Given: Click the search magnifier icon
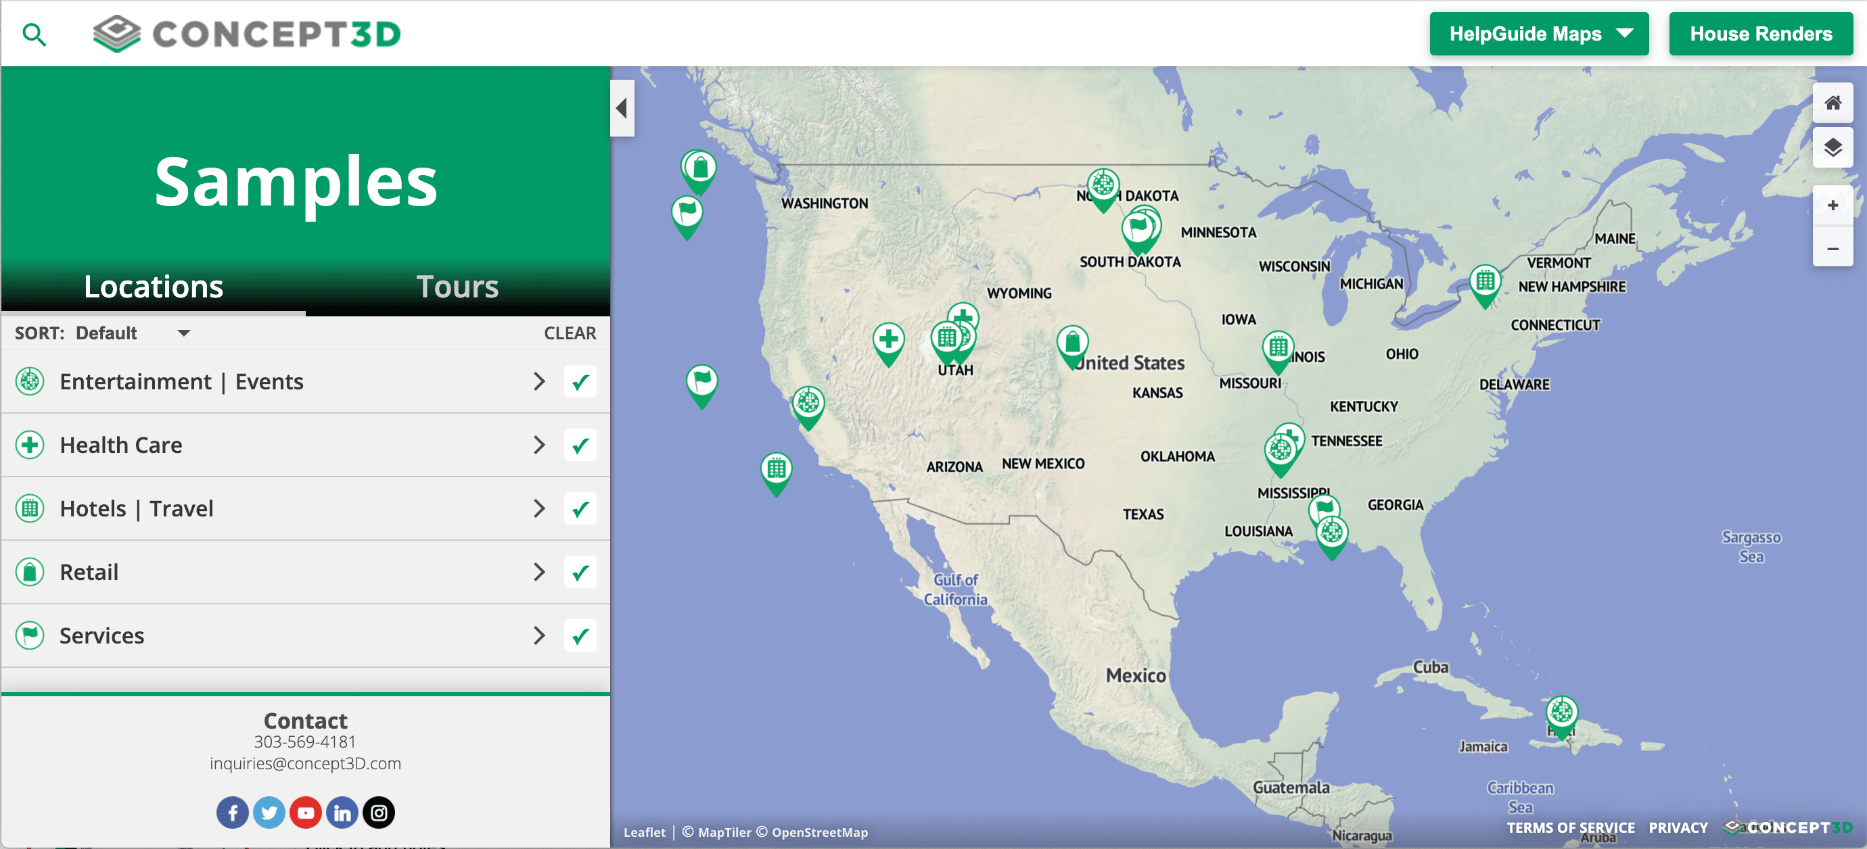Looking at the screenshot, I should click(x=34, y=34).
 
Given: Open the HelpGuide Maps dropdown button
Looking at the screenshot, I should click(x=1538, y=34).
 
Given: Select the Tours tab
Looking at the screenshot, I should click(x=457, y=287).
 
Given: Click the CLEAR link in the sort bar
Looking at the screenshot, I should click(x=570, y=333).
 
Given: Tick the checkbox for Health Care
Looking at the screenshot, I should click(x=580, y=445).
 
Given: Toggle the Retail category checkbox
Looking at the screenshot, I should click(x=580, y=573).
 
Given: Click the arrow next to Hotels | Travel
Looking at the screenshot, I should click(x=538, y=508).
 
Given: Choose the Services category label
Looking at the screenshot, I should click(x=102, y=635).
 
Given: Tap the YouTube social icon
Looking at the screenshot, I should click(x=305, y=812).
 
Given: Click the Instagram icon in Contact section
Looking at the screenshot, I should click(x=378, y=812).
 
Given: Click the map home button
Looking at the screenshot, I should click(x=1833, y=103).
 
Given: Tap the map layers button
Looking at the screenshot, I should click(x=1833, y=148).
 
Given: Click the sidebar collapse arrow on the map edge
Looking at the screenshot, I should click(x=622, y=109).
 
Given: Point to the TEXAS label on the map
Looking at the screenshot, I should click(x=1143, y=514).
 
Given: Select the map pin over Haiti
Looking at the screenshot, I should click(x=1561, y=714).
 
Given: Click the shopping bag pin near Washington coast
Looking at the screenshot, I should click(x=699, y=170).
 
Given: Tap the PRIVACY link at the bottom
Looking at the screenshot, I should click(x=1678, y=827).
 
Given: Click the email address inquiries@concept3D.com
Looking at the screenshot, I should click(x=305, y=764).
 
